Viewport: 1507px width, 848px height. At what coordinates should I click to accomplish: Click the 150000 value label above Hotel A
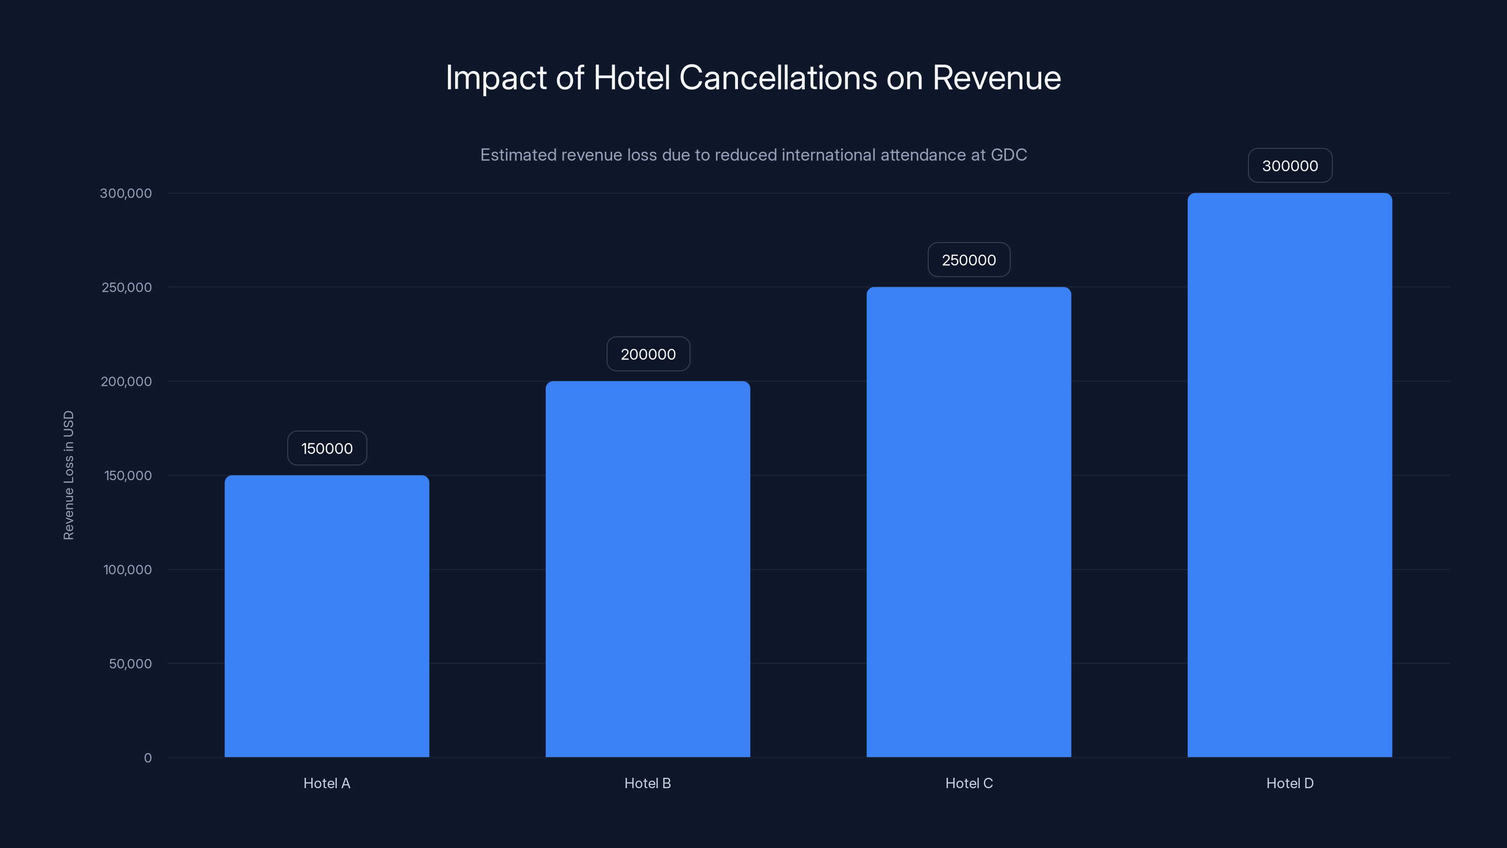327,448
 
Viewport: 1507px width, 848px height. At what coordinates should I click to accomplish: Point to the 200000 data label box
648,354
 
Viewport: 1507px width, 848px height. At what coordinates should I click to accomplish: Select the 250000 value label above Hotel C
969,260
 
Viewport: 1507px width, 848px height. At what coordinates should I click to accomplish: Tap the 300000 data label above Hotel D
1290,166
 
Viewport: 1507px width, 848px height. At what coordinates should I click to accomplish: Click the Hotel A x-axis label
326,783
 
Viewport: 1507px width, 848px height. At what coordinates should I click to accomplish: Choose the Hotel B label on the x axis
648,783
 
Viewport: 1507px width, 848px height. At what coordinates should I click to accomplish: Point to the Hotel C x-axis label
969,783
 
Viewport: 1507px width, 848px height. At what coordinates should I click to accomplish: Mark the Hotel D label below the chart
1290,783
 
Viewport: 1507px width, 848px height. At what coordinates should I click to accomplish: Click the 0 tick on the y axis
148,758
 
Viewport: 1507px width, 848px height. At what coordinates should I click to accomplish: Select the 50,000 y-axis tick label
130,664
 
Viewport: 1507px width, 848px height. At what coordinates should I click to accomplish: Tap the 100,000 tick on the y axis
128,570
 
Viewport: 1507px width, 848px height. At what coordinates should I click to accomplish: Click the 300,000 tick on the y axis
126,193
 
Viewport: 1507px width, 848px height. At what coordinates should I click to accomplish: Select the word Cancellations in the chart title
778,77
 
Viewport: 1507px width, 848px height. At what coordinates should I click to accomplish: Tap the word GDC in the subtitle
1009,155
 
